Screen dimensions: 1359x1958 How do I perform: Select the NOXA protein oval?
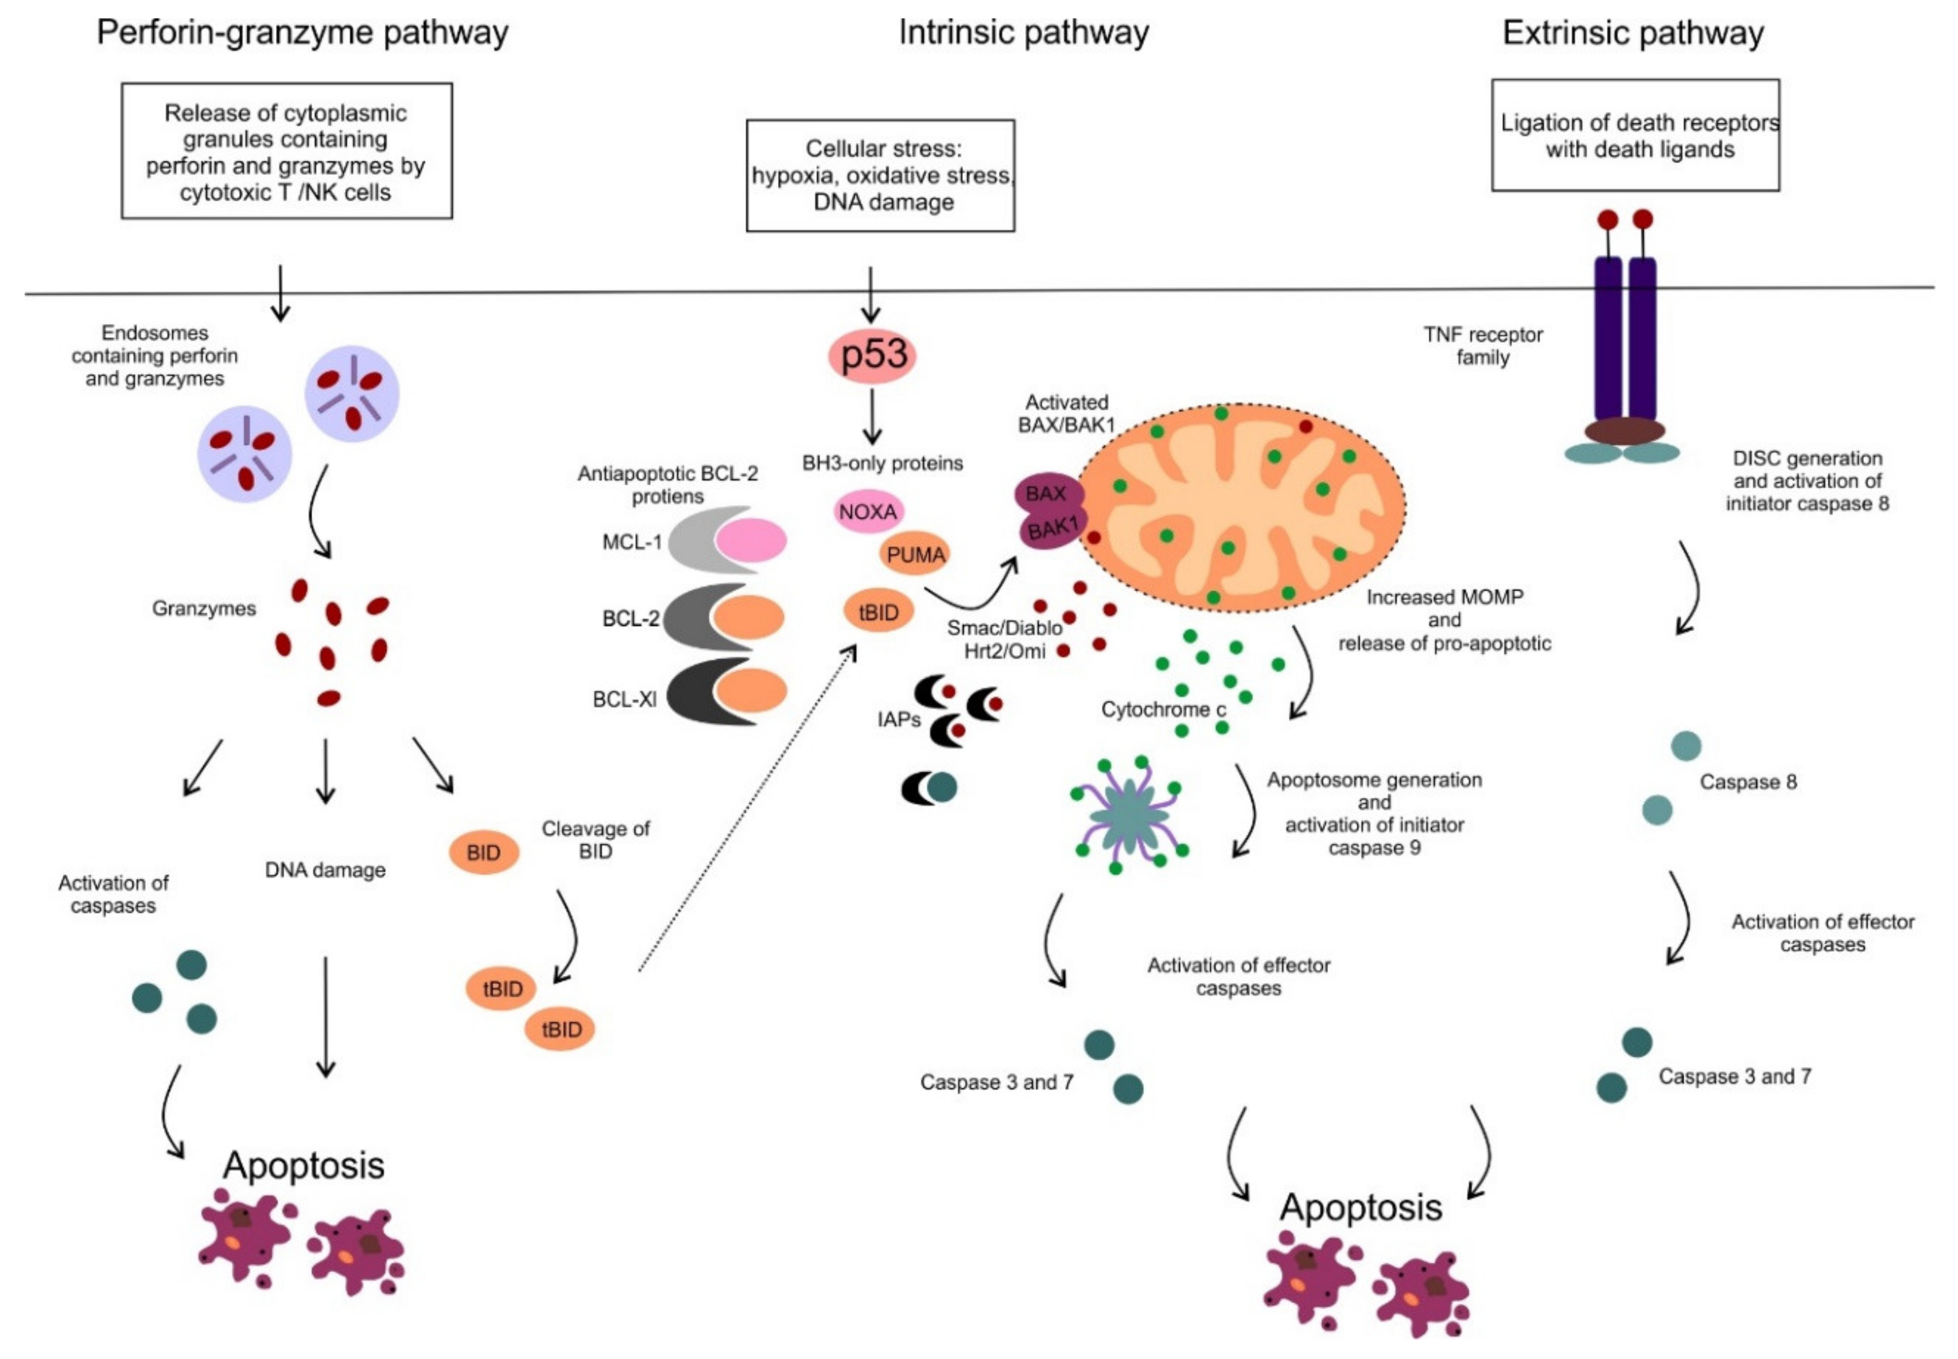click(x=867, y=512)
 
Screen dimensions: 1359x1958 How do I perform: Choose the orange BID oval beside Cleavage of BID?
click(x=483, y=852)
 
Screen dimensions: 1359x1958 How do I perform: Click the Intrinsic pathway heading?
click(x=1023, y=32)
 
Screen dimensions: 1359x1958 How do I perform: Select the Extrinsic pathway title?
click(x=1632, y=32)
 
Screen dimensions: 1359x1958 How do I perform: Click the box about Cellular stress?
click(x=880, y=176)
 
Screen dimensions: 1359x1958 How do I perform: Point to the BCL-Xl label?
click(x=624, y=699)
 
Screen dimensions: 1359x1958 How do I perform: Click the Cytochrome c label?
click(x=1163, y=709)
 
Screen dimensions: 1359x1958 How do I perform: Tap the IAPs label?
click(x=899, y=719)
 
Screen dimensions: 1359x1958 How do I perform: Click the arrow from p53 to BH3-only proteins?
click(x=871, y=416)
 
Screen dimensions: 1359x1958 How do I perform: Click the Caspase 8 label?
click(x=1747, y=782)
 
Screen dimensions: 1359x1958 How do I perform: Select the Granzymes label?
click(x=204, y=608)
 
